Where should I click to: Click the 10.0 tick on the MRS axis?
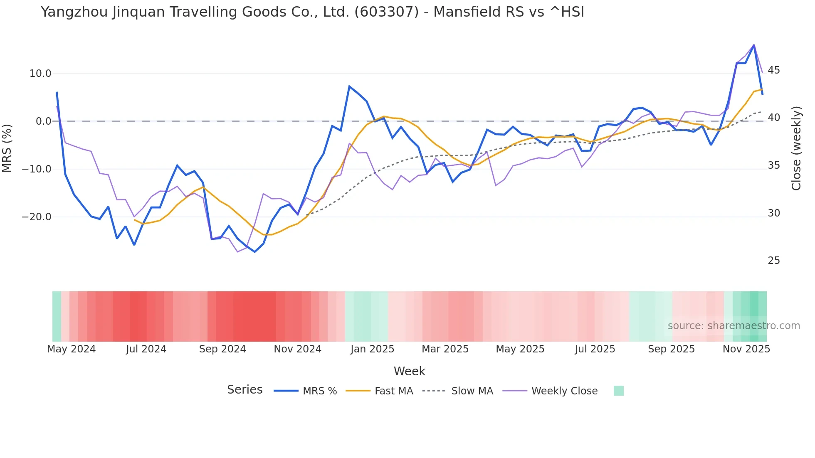[x=40, y=74]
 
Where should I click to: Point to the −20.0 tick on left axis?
[x=37, y=217]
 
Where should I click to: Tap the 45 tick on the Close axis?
[x=774, y=70]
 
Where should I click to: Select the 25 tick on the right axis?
[x=774, y=261]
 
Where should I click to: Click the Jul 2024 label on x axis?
[x=146, y=349]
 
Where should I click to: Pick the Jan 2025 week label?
[x=372, y=349]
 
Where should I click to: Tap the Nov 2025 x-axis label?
[x=746, y=349]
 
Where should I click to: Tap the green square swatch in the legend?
[x=618, y=391]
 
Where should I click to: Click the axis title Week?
[x=409, y=371]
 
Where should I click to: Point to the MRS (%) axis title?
[x=7, y=148]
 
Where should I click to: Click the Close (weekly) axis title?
[x=796, y=148]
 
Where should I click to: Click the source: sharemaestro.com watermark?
[x=733, y=326]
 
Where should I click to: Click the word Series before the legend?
[x=244, y=390]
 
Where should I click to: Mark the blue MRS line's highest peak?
[x=754, y=45]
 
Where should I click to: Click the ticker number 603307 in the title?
[x=386, y=12]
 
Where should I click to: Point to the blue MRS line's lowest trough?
[x=255, y=252]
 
